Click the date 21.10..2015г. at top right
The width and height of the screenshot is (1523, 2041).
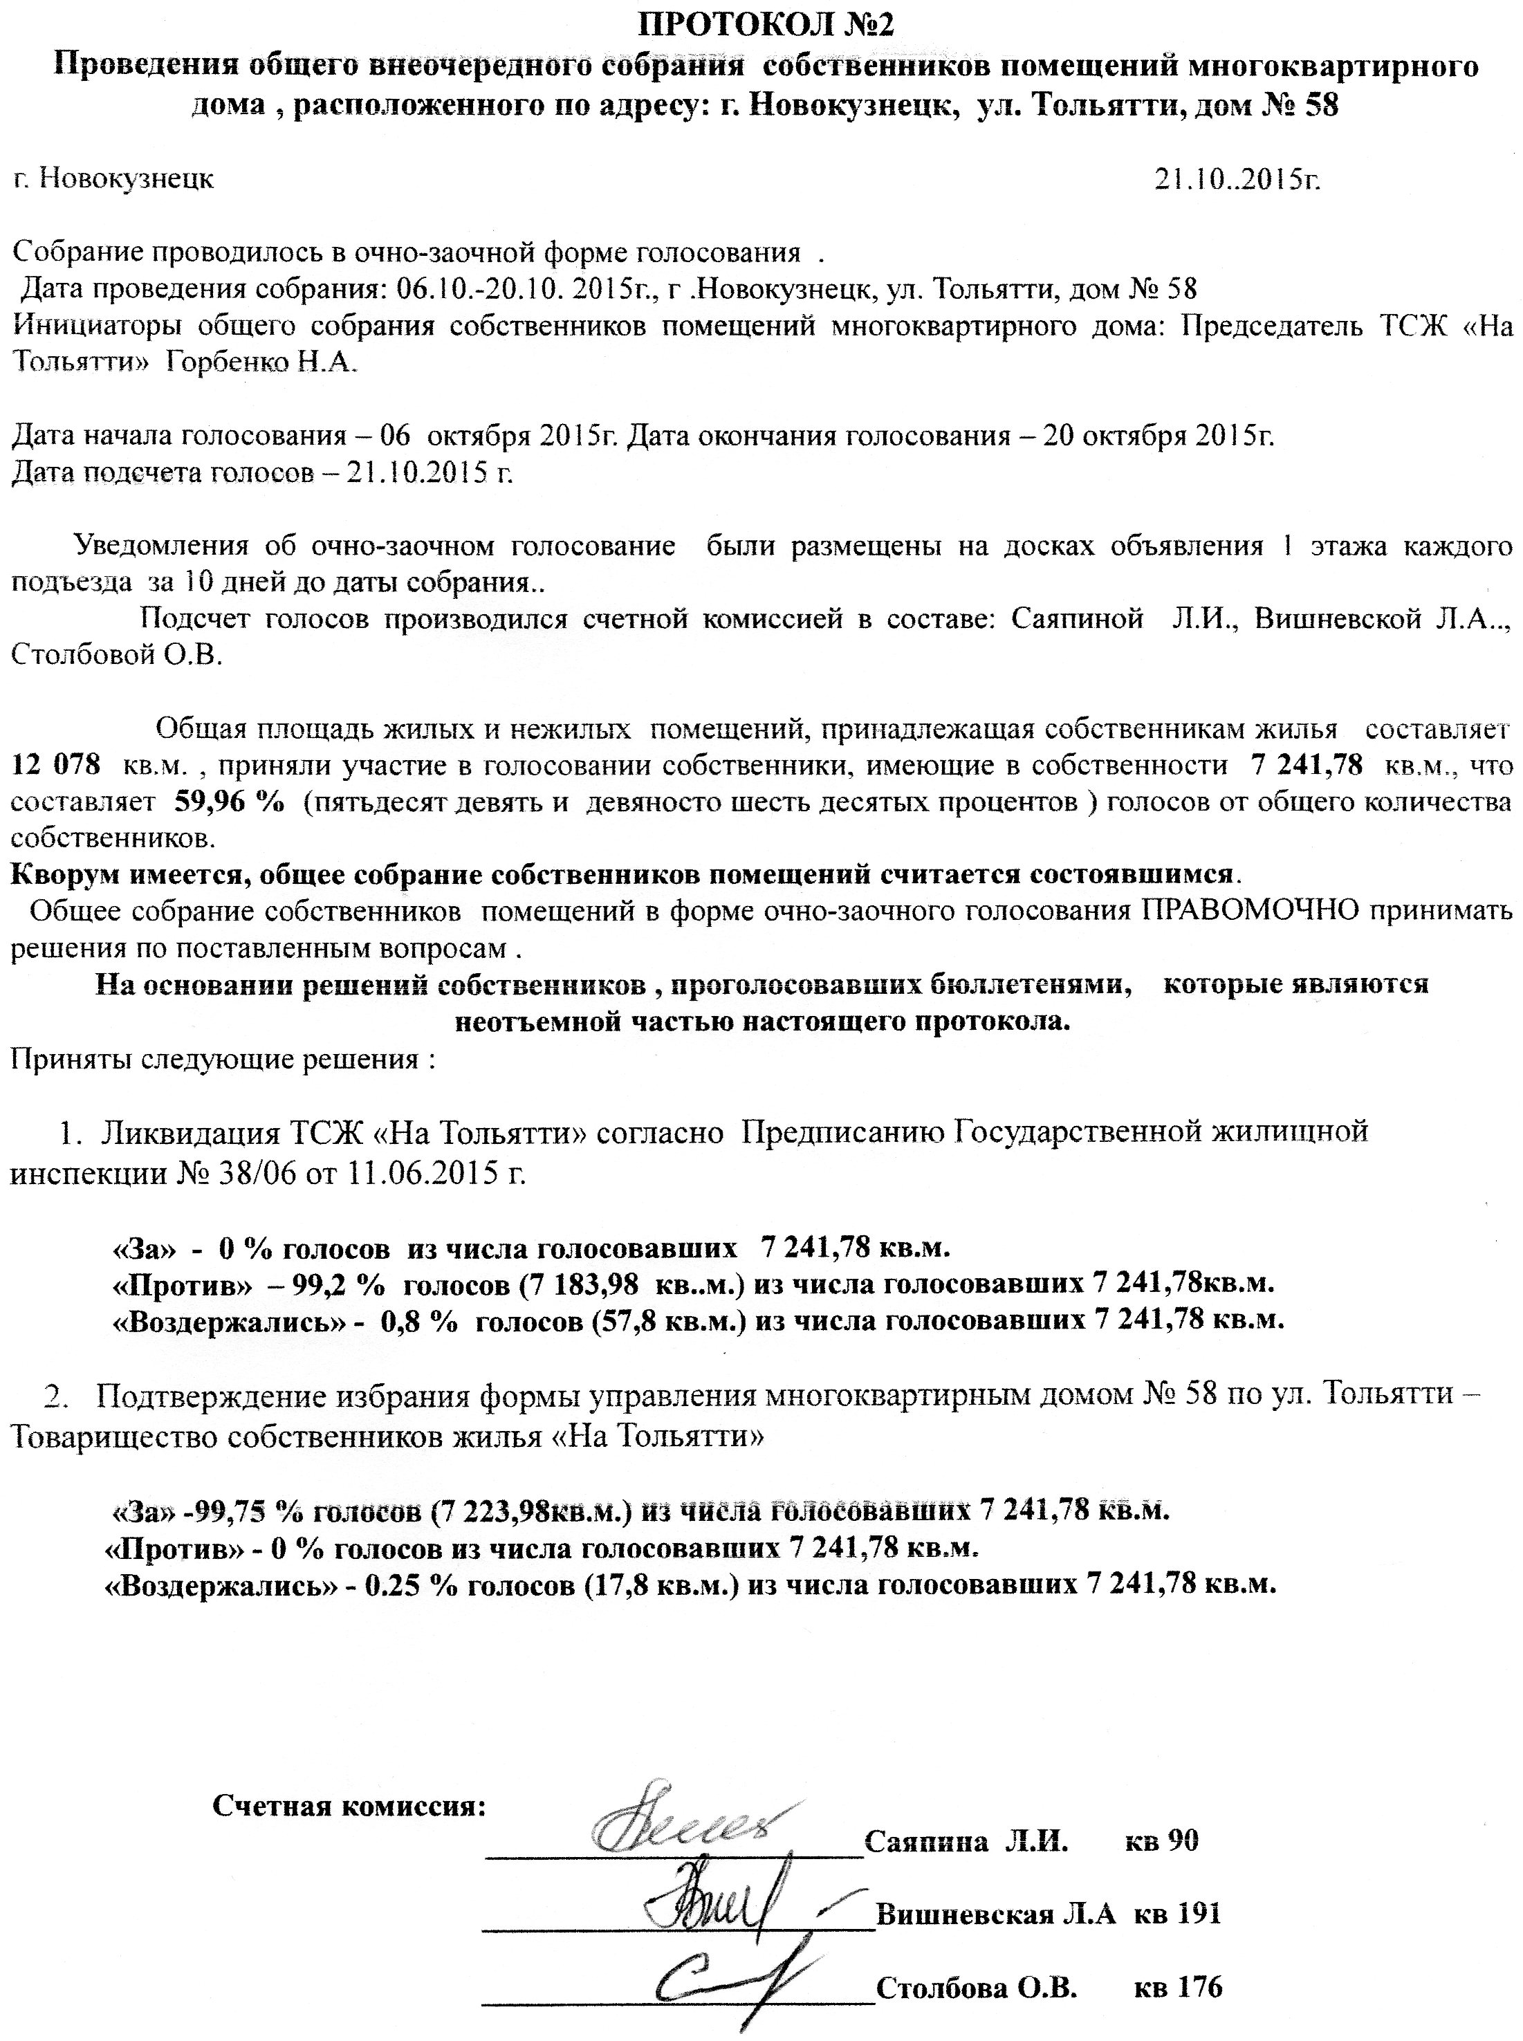[1237, 179]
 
